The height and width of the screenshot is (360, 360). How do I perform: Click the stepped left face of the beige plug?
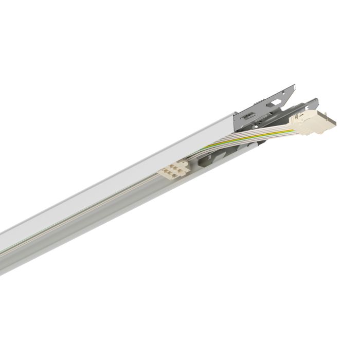[293, 121]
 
